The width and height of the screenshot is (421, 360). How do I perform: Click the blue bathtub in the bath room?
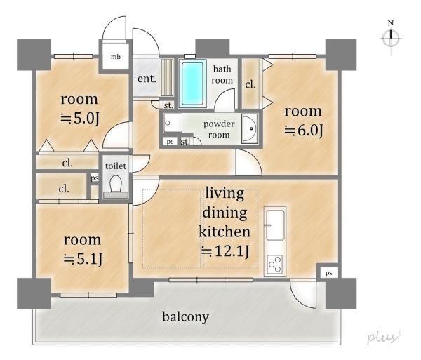[x=192, y=84]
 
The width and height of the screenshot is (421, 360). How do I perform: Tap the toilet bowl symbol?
[x=116, y=187]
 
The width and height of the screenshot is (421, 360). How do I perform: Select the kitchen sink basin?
[x=275, y=225]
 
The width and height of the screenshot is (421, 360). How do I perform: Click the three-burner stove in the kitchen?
[x=275, y=265]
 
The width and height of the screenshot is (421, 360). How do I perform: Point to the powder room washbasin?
[x=250, y=128]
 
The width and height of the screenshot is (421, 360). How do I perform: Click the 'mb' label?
[x=116, y=57]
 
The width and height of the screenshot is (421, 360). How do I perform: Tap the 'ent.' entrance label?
[x=147, y=79]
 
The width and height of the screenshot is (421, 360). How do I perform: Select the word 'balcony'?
[x=186, y=317]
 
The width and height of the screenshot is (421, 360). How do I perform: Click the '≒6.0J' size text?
[x=303, y=131]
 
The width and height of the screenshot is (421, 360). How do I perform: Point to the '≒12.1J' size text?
[x=225, y=251]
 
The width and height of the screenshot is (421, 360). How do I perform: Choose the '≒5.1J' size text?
[x=83, y=259]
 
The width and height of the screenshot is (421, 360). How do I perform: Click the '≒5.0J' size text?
[x=80, y=118]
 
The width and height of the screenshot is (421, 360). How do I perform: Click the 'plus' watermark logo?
[x=385, y=337]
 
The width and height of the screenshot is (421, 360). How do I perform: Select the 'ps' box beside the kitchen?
[x=328, y=273]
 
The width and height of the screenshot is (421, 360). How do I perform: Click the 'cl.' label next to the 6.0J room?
[x=250, y=85]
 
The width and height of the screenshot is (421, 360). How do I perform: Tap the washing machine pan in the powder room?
[x=173, y=123]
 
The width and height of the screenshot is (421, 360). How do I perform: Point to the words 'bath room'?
[x=222, y=74]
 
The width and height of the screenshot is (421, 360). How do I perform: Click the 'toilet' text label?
[x=116, y=166]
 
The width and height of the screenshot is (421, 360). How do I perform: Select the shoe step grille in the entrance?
[x=168, y=78]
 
